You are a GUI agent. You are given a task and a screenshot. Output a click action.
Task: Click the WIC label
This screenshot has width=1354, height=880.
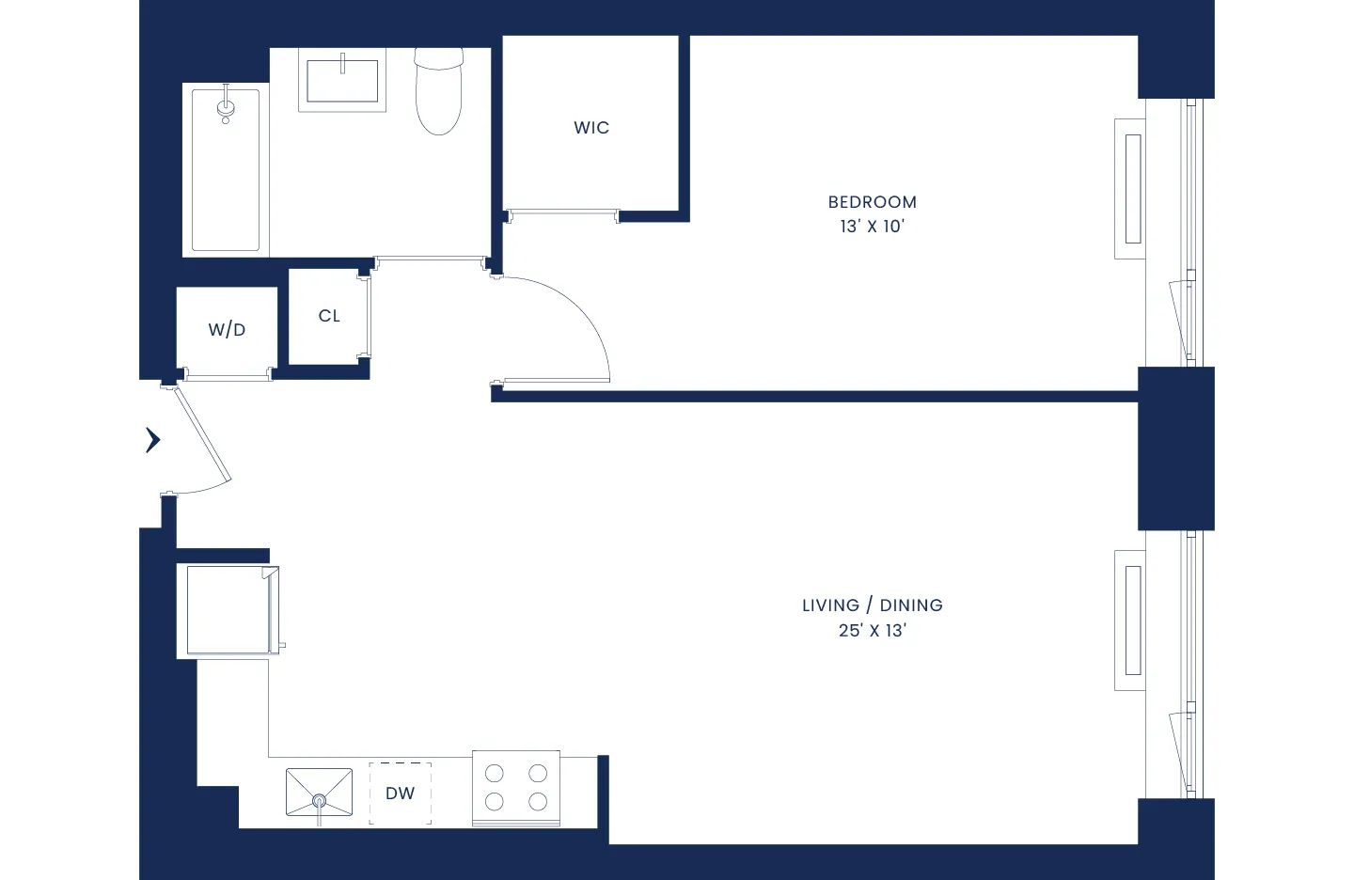tap(591, 128)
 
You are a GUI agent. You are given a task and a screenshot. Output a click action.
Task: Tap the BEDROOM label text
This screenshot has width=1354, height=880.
tap(872, 202)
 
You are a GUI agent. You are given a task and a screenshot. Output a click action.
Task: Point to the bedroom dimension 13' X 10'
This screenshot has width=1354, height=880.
tap(872, 227)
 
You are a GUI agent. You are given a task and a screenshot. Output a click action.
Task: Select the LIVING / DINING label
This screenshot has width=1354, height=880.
tap(872, 605)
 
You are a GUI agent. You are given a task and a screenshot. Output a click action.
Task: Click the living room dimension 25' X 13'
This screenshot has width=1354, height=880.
tap(872, 631)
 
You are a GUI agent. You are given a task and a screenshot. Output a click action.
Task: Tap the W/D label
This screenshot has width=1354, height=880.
tap(227, 330)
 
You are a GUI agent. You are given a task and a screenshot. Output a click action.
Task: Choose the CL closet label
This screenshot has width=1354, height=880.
tap(329, 316)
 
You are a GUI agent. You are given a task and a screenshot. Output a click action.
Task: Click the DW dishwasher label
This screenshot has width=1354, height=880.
tap(400, 794)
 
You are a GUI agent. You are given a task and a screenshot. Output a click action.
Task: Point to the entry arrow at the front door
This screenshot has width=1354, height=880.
tap(153, 440)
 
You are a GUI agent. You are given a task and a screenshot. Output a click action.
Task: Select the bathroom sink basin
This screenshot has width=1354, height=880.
tap(342, 81)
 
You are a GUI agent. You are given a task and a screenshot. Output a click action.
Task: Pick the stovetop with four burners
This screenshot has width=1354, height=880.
tap(516, 788)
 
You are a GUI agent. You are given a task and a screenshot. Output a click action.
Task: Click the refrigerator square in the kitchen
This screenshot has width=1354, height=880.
tap(228, 610)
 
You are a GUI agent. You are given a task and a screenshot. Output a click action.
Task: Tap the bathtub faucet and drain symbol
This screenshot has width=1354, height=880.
tap(226, 106)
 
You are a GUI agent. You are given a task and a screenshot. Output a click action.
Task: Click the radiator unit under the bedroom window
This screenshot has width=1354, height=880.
tap(1131, 189)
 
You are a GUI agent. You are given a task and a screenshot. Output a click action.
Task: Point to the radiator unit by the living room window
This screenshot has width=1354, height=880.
tap(1131, 621)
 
